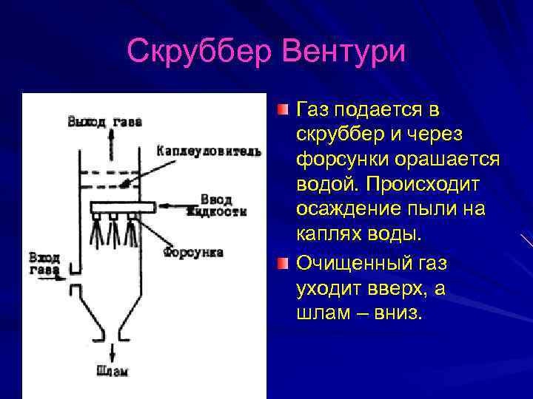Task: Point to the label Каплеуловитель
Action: [x=209, y=151]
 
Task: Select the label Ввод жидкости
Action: [x=216, y=205]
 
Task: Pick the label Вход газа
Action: [x=44, y=264]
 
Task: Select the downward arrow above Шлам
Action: [x=112, y=350]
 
